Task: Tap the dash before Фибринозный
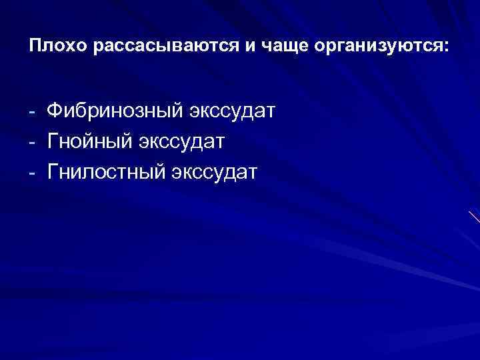coord(33,110)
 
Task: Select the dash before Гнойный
coord(33,141)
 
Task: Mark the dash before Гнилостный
coord(33,173)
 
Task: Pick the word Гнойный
coord(91,141)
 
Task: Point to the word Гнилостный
coord(107,173)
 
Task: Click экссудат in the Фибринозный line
coord(233,110)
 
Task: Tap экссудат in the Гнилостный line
coord(215,173)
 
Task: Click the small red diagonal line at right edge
coord(474,217)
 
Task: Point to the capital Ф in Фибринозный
coord(55,109)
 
